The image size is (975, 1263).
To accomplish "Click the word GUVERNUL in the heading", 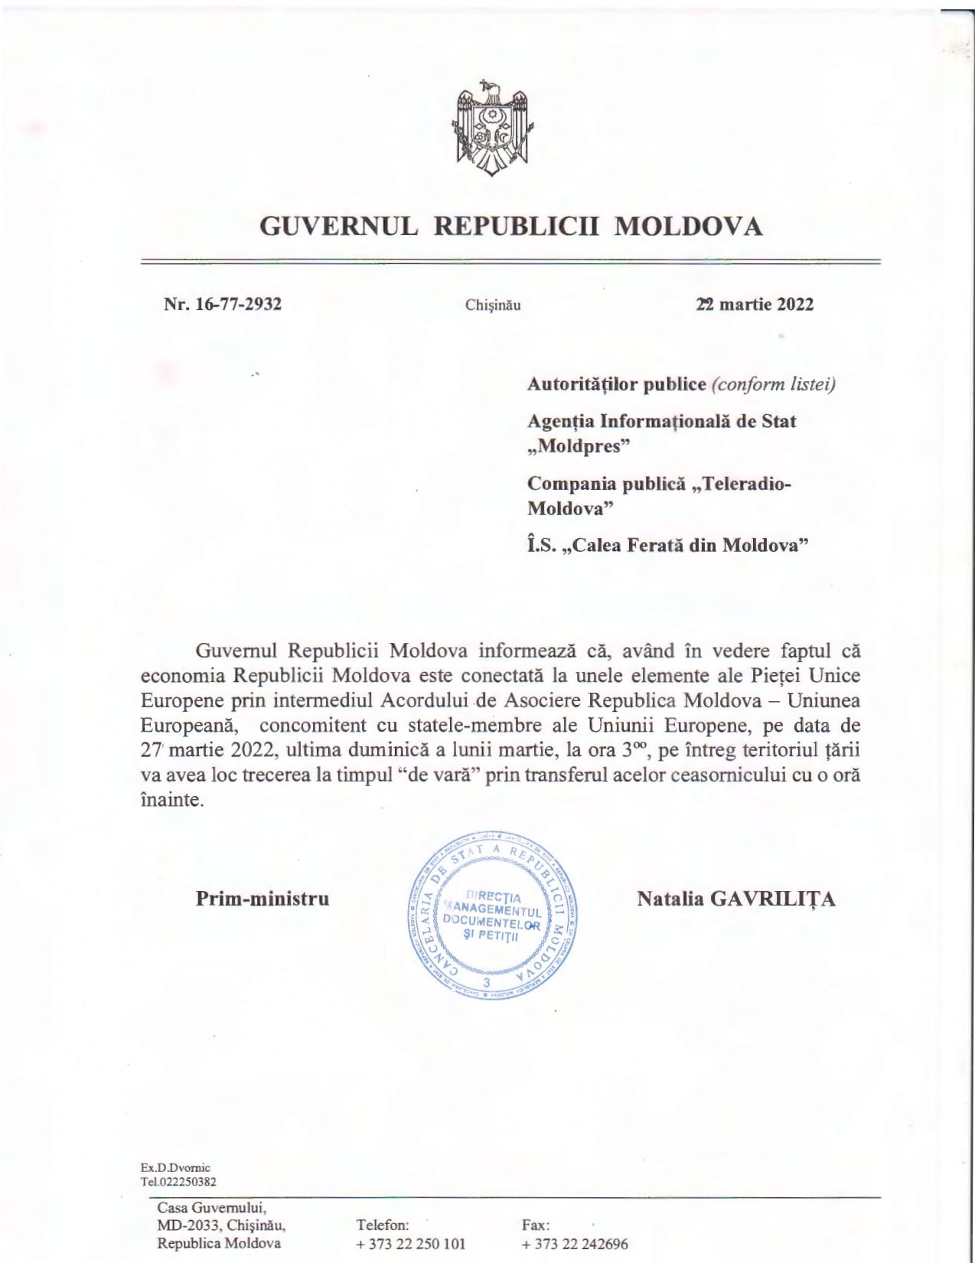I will pos(339,227).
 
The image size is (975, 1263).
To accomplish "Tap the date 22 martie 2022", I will pos(755,304).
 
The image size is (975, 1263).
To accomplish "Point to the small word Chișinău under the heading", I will pos(493,305).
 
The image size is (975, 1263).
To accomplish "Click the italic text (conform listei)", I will pos(773,383).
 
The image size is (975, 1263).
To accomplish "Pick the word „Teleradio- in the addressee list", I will pos(741,484).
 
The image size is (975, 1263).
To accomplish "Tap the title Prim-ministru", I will pos(262,898).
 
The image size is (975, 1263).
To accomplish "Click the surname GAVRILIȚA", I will pos(774,898).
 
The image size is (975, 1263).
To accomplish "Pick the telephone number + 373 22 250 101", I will pos(411,1244).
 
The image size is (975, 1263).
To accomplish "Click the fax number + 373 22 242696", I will pos(575,1244).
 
